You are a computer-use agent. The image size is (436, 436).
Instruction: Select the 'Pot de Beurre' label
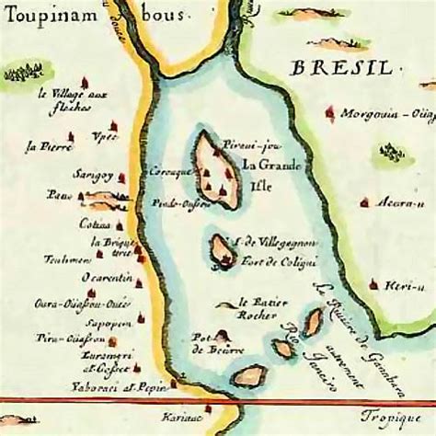tap(205, 342)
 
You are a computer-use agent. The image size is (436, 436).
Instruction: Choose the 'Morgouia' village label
tap(381, 115)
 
